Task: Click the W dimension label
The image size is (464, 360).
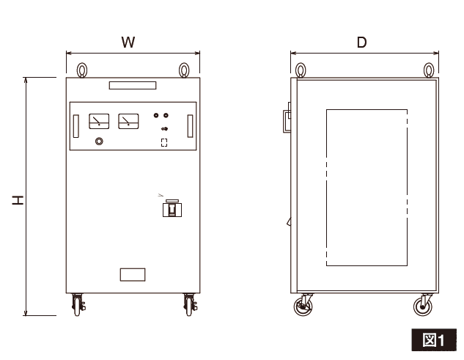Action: pyautogui.click(x=128, y=42)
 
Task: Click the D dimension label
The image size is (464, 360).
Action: pyautogui.click(x=361, y=43)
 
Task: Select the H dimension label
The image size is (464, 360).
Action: pyautogui.click(x=18, y=200)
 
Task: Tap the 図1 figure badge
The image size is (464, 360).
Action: pyautogui.click(x=434, y=340)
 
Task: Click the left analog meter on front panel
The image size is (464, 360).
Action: pyautogui.click(x=99, y=122)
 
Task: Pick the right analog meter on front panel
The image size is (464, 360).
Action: pyautogui.click(x=128, y=122)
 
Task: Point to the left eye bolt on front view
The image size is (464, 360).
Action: pyautogui.click(x=82, y=70)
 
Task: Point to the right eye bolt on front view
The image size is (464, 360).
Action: pyautogui.click(x=184, y=70)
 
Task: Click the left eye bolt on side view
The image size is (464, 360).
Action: pyautogui.click(x=301, y=70)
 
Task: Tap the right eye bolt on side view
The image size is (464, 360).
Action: pyautogui.click(x=429, y=70)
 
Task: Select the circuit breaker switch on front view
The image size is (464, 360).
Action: pyautogui.click(x=172, y=208)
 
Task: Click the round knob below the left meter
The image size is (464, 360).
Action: pyautogui.click(x=99, y=142)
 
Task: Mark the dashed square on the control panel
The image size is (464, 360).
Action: pyautogui.click(x=164, y=142)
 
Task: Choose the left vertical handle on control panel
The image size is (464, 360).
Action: pyautogui.click(x=76, y=126)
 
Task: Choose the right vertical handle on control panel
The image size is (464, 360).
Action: pyautogui.click(x=191, y=126)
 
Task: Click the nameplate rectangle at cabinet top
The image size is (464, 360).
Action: pyautogui.click(x=133, y=85)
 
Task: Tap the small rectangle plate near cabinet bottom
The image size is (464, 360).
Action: pyautogui.click(x=133, y=275)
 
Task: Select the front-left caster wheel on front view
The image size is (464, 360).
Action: pyautogui.click(x=78, y=304)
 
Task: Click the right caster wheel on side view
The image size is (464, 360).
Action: pyautogui.click(x=423, y=305)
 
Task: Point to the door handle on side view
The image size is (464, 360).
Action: pyautogui.click(x=287, y=121)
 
